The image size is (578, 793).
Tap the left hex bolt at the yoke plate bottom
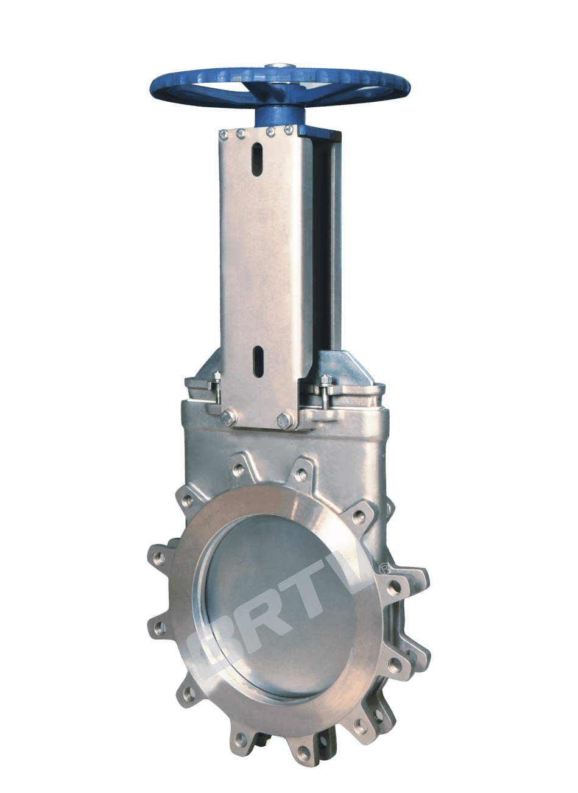228,417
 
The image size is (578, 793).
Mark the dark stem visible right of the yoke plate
334,244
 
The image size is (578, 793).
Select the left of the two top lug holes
238,470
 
